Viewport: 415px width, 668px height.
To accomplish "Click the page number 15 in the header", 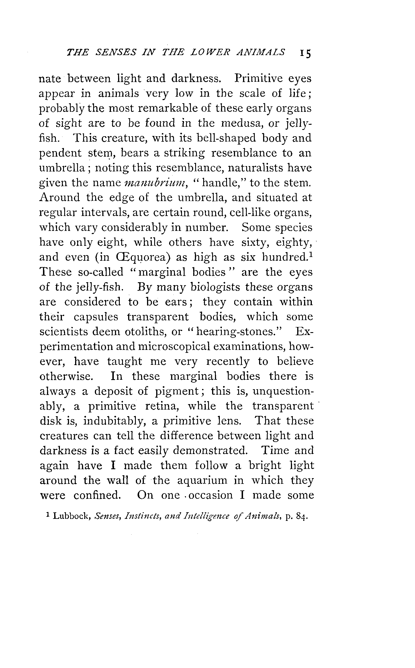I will [x=305, y=53].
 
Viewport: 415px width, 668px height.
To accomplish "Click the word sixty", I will [x=255, y=243].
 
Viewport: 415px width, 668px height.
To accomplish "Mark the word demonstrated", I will [x=210, y=451].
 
